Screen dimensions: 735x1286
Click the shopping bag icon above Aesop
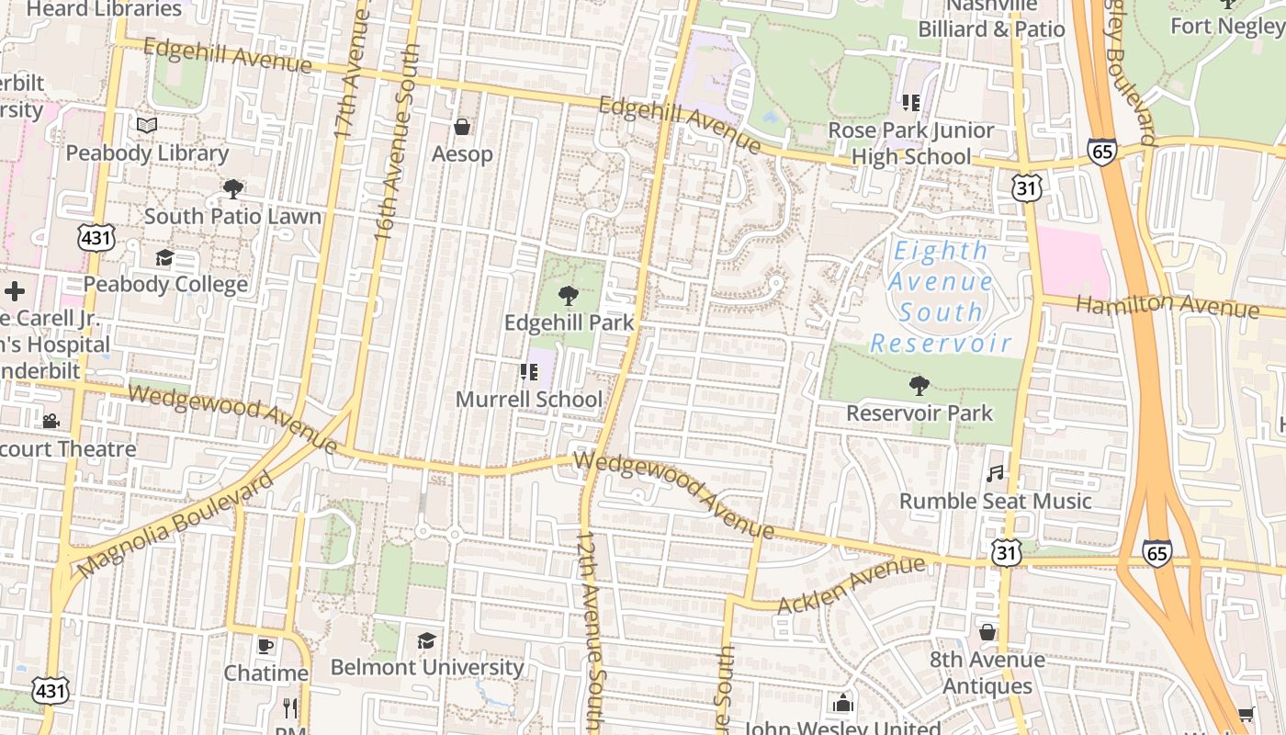[x=463, y=127]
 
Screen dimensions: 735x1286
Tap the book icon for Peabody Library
[x=147, y=125]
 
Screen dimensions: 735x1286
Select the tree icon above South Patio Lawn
[x=233, y=189]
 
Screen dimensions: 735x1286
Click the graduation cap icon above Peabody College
[x=164, y=258]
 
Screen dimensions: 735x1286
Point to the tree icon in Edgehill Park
[x=569, y=296]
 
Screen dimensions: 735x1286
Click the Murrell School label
[x=529, y=400]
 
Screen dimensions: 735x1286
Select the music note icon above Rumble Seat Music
[x=995, y=474]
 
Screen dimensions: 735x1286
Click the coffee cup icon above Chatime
[x=265, y=646]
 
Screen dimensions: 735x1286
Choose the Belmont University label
[x=427, y=667]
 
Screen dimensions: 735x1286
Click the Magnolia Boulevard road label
[x=175, y=526]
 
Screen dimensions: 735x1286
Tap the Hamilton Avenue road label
[x=1167, y=305]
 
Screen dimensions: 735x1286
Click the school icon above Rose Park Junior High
[x=911, y=103]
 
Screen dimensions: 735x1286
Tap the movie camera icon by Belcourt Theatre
[x=51, y=421]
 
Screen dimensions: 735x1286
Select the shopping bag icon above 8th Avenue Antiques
[x=987, y=632]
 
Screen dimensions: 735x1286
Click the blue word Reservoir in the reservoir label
[x=941, y=344]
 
